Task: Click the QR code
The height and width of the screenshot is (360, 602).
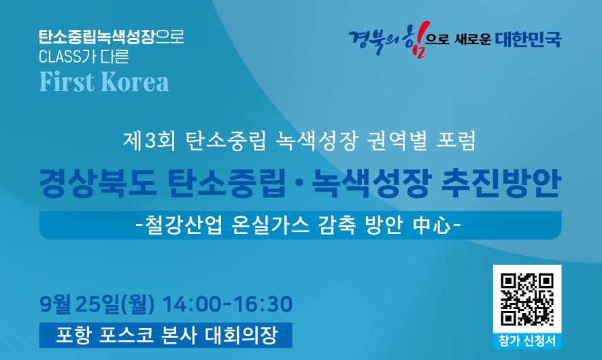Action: (526, 299)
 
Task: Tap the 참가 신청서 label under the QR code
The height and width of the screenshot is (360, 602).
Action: (526, 341)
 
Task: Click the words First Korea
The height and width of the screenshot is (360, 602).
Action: (104, 82)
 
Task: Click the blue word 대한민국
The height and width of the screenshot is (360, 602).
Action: (528, 39)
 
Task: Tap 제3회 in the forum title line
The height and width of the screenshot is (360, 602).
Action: (149, 140)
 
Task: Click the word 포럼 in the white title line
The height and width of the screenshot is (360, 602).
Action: (456, 140)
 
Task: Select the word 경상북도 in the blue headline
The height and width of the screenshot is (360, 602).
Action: (97, 184)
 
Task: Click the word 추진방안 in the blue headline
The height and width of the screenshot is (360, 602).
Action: (501, 184)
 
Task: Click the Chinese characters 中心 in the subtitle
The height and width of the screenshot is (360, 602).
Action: (433, 225)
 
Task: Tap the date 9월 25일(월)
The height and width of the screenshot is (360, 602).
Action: (97, 304)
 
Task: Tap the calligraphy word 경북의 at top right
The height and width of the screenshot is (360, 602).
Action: (374, 41)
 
